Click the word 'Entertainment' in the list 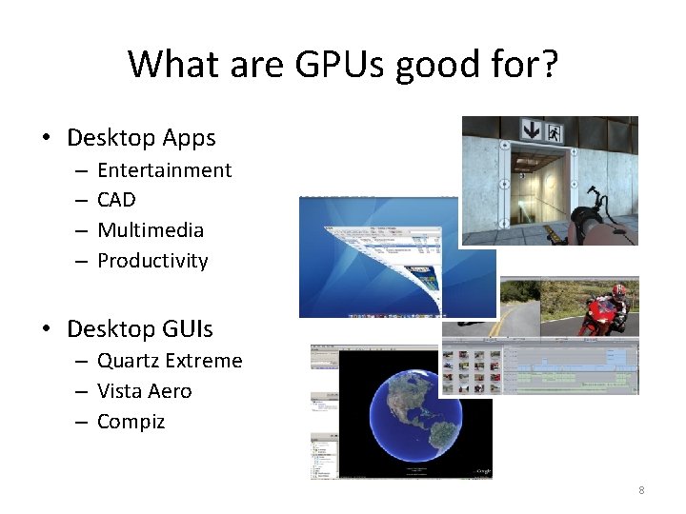(x=164, y=170)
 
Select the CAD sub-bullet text (x=116, y=200)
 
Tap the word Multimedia (x=151, y=230)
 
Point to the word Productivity (x=152, y=261)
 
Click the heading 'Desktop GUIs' (x=140, y=329)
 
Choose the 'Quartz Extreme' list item (x=170, y=361)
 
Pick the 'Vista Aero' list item (x=144, y=391)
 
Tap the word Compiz (x=131, y=422)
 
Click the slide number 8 (x=641, y=490)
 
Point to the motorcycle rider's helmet (x=619, y=290)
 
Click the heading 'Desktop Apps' (x=141, y=138)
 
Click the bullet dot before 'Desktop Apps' (x=47, y=138)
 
